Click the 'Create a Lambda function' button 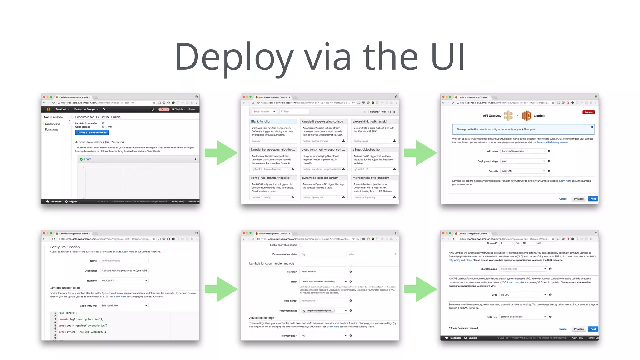[92, 133]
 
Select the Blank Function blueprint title [261, 121]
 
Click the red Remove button [588, 112]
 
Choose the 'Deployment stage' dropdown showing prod [523, 161]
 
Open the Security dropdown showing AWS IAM [523, 171]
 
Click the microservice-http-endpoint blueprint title [371, 178]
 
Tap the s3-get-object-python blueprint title [367, 150]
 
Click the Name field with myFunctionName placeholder [124, 261]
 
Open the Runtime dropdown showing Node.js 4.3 [124, 281]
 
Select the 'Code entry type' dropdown [124, 306]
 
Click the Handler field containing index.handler [323, 272]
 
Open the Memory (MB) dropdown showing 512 [323, 336]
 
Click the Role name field [323, 301]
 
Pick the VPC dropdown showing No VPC [523, 295]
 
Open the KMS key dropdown [523, 317]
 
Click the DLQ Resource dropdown [523, 269]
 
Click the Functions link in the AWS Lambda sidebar [52, 130]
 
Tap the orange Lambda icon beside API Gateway [527, 116]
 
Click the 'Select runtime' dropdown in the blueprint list [264, 112]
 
